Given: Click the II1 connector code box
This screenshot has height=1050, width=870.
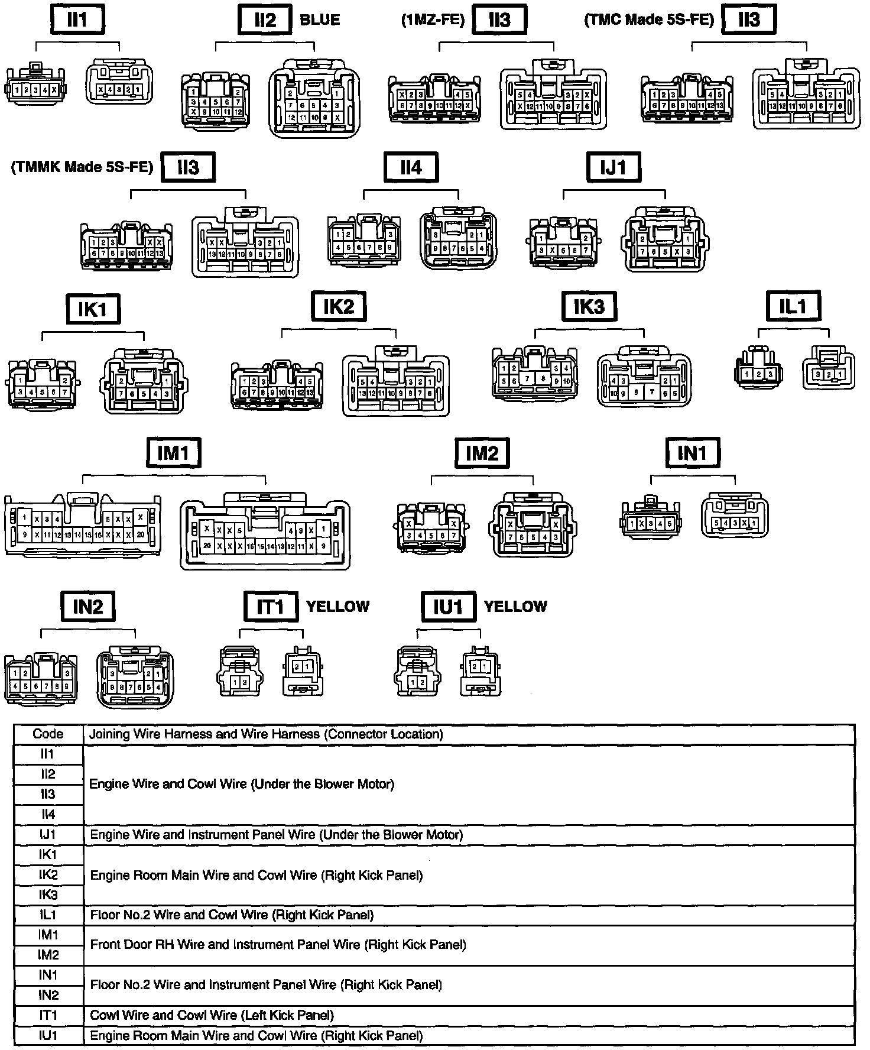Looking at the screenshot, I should click(x=77, y=20).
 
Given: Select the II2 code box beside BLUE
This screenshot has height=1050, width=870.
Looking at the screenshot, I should click(x=265, y=20).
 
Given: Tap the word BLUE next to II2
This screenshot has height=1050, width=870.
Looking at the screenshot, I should click(x=320, y=20).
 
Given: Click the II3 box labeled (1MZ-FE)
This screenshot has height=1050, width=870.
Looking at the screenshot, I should click(x=499, y=20).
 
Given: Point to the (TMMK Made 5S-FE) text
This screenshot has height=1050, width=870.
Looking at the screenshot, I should click(x=82, y=167).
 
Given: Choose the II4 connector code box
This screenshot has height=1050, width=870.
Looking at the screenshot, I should click(x=411, y=167).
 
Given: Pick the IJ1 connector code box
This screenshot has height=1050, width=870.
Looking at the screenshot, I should click(x=613, y=167).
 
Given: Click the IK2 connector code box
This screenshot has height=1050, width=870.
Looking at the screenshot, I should click(x=339, y=306).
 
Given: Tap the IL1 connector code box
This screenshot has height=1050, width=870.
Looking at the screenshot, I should click(x=793, y=306).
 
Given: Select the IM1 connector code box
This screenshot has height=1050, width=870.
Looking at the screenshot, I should click(x=173, y=453).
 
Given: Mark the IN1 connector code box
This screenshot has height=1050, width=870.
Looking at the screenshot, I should click(x=692, y=453).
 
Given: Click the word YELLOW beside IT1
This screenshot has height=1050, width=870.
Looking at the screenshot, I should click(x=337, y=607).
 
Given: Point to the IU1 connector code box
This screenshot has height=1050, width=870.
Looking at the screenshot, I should click(x=448, y=607).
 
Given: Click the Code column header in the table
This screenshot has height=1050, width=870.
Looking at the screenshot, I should click(x=48, y=734).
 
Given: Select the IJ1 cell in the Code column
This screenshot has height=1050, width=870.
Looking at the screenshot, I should click(x=48, y=835).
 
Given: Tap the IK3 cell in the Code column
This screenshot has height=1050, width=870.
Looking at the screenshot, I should click(x=48, y=895).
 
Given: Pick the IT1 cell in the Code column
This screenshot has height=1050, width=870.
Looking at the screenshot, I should click(x=48, y=1016).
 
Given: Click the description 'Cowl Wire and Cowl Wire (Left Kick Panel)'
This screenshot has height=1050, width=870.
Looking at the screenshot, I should click(x=212, y=1016).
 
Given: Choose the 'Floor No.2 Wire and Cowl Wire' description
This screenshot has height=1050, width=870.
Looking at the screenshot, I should click(x=232, y=915).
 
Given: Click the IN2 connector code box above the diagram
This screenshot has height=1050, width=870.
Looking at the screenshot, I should click(x=88, y=607).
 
